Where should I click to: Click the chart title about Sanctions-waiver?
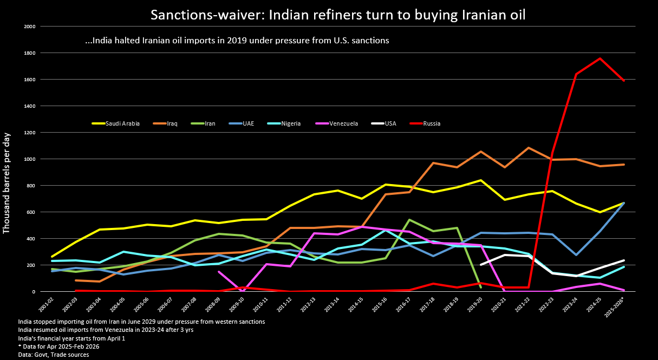click(338, 15)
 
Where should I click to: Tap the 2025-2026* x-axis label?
click(617, 306)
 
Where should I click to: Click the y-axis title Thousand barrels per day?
click(7, 182)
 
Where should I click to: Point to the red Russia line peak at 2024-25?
click(600, 58)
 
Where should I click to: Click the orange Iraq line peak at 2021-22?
click(528, 148)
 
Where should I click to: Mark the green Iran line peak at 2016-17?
click(409, 220)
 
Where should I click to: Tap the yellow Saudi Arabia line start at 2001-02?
click(52, 257)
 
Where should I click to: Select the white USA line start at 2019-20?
click(481, 265)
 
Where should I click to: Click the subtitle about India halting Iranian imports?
click(237, 41)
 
